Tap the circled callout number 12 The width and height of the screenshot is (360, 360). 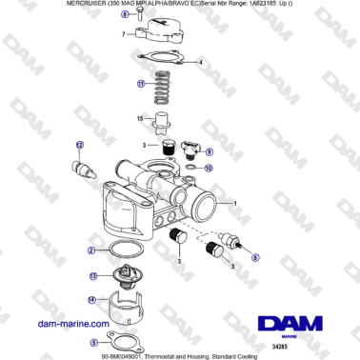(x=80, y=144)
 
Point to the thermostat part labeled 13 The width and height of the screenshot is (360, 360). (x=120, y=278)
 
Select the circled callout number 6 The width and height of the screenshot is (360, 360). (x=253, y=256)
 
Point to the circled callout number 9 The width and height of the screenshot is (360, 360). (x=210, y=151)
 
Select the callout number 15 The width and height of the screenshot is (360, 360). (x=139, y=119)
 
